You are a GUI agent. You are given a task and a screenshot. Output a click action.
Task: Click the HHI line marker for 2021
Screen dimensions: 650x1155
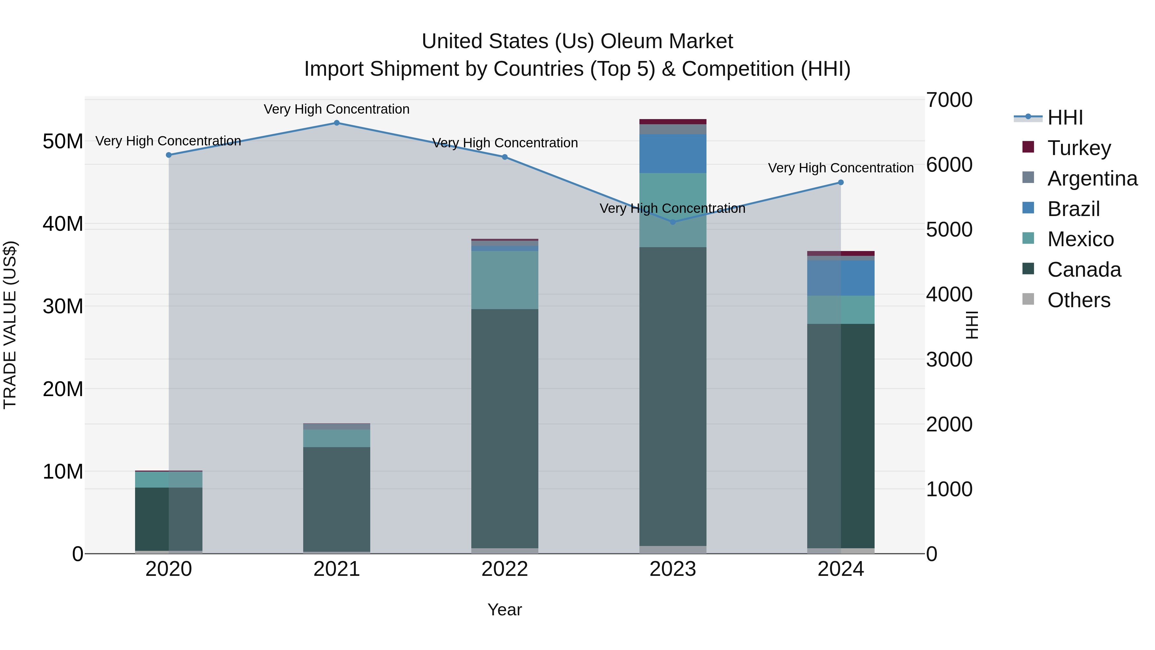[x=337, y=123]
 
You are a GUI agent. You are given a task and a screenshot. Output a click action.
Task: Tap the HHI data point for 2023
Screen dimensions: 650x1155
[x=672, y=222]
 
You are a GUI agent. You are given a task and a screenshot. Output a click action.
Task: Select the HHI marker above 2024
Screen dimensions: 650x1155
[x=841, y=183]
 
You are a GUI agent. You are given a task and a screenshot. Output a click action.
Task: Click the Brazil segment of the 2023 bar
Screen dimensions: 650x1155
[x=672, y=153]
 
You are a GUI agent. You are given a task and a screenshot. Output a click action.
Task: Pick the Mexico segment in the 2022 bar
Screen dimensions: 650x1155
[x=504, y=280]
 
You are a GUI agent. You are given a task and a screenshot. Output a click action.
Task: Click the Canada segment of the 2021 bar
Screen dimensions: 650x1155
[x=337, y=499]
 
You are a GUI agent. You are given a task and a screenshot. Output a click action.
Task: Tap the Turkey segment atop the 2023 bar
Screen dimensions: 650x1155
[x=672, y=122]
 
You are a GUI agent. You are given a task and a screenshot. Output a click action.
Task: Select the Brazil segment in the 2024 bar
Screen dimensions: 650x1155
[x=841, y=278]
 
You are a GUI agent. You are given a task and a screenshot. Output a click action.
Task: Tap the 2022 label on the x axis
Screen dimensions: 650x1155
[x=504, y=569]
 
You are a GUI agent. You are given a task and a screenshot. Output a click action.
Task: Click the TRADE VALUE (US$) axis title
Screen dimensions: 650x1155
[x=10, y=325]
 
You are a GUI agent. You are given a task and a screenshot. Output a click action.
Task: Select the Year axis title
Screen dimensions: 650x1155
[x=504, y=610]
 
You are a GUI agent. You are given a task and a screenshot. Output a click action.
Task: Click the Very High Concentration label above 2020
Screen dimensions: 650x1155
[x=168, y=141]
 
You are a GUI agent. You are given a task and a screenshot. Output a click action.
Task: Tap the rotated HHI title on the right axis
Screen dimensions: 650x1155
[x=971, y=325]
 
